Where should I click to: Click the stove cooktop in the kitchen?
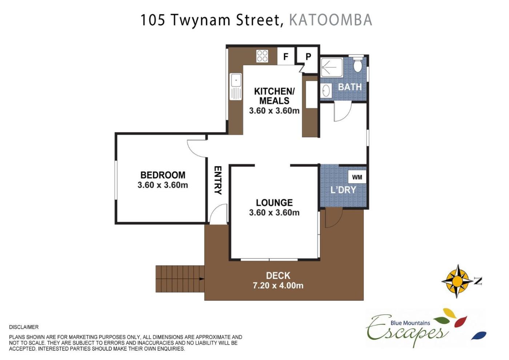point(262,56)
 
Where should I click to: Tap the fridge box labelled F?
point(286,56)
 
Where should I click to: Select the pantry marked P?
point(308,60)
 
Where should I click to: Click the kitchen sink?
point(236,87)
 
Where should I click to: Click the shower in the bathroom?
point(332,68)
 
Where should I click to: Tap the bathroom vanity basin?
point(326,91)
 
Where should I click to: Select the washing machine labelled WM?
point(357,177)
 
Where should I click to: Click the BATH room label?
point(350,87)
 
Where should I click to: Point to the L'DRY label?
point(343,190)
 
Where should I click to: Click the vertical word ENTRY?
point(218,180)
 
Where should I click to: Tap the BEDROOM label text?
point(163,175)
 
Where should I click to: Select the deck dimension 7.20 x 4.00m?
point(278,285)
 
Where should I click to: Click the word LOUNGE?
point(274,203)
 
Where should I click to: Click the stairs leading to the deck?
point(180,279)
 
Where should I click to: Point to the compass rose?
point(457,281)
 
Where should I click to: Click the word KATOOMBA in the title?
point(330,20)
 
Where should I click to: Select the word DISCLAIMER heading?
point(24,327)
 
